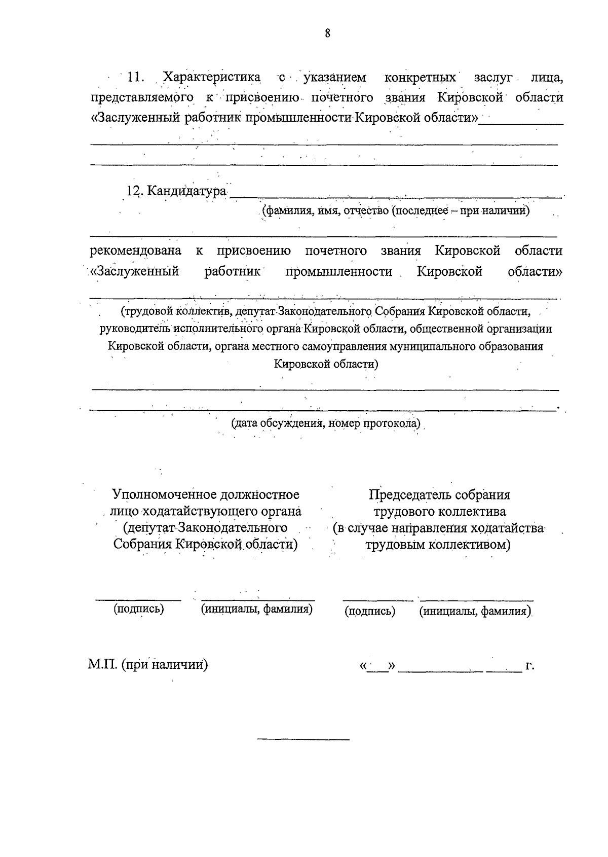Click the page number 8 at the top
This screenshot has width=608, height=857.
click(327, 33)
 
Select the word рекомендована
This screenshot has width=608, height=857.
click(136, 251)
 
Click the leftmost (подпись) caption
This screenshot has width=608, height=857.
click(139, 609)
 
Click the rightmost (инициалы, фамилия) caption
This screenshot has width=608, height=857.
click(475, 611)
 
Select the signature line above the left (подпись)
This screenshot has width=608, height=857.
click(139, 599)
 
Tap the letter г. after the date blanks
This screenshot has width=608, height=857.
click(530, 665)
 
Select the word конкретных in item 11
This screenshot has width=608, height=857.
click(420, 78)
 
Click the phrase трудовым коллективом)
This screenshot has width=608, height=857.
click(438, 545)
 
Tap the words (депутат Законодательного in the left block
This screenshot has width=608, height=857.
click(206, 528)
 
